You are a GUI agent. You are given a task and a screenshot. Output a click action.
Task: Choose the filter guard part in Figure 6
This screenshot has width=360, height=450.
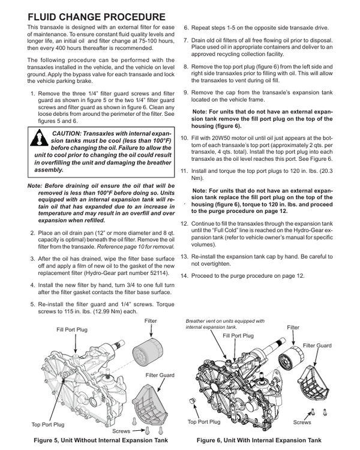pos(317,377)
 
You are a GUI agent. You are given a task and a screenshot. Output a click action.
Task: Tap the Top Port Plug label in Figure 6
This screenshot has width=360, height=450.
pos(205,422)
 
